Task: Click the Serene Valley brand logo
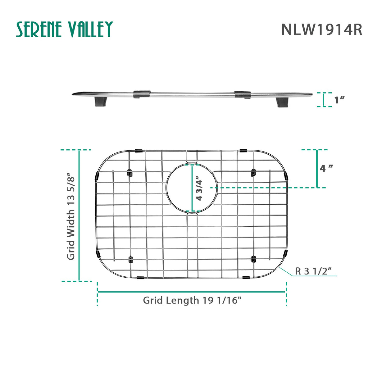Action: pos(64,30)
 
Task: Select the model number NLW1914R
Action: pos(322,30)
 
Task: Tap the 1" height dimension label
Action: pos(339,100)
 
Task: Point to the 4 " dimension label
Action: pos(326,168)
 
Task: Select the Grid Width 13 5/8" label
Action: pos(71,216)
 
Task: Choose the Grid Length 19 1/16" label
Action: pos(192,300)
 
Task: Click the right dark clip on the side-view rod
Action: pos(243,94)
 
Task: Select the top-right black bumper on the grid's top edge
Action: pos(243,151)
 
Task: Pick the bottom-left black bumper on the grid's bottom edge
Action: pos(140,278)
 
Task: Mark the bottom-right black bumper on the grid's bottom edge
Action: pos(246,277)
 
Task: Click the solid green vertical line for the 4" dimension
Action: pos(317,169)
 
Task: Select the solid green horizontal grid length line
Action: pos(192,292)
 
